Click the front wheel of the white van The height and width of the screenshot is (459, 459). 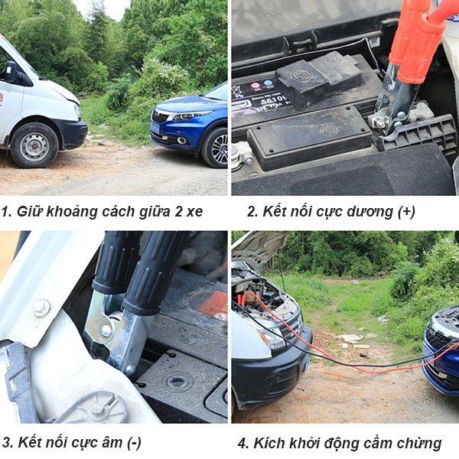[x=34, y=145]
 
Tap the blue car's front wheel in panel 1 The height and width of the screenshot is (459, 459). [x=215, y=147]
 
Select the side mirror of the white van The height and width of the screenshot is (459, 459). [x=11, y=72]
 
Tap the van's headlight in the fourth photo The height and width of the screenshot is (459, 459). [x=272, y=337]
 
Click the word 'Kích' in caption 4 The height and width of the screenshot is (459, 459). [x=273, y=442]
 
